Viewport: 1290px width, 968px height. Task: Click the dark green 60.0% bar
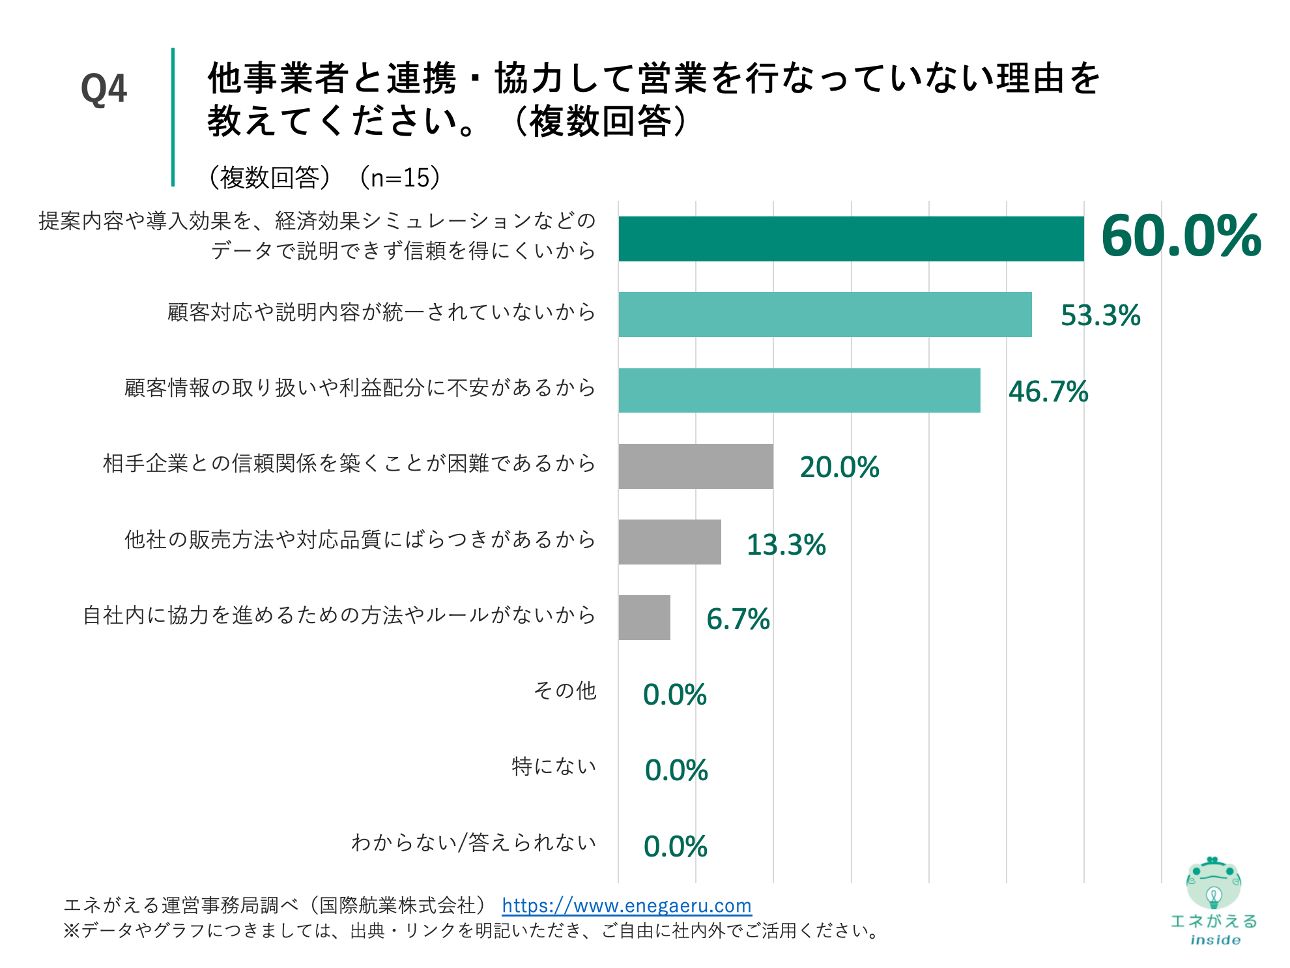[x=850, y=239]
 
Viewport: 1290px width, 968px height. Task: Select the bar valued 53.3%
[x=825, y=314]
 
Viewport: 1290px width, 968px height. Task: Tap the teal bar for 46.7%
[x=799, y=390]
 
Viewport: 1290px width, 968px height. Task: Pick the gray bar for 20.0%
[x=695, y=466]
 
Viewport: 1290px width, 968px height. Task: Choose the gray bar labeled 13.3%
[x=669, y=542]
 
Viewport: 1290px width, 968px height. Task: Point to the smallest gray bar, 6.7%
[x=644, y=617]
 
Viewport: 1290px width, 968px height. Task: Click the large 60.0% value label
[x=1181, y=236]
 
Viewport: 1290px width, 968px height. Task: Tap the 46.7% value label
[x=1048, y=392]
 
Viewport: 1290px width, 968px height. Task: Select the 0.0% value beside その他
[x=674, y=695]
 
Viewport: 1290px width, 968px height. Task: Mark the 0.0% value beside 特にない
[x=676, y=770]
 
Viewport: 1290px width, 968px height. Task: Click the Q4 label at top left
[x=104, y=89]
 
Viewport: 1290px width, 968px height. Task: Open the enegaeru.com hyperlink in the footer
[x=626, y=905]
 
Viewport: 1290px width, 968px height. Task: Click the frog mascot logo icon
[x=1212, y=884]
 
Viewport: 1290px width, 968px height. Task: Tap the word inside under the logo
[x=1215, y=940]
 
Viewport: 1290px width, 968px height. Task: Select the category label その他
[x=564, y=690]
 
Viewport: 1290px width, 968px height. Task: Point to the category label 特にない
[x=554, y=766]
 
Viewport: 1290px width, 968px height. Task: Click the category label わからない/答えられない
[x=474, y=842]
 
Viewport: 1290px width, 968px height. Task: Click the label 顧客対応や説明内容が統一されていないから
[x=381, y=312]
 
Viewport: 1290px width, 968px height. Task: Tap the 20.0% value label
[x=839, y=467]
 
